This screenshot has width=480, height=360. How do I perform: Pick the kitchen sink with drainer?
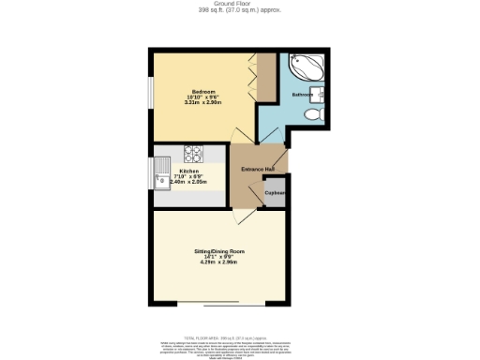[x=158, y=175]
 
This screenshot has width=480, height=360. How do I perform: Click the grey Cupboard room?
[x=274, y=192]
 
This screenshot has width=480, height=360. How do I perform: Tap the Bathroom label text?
[x=301, y=96]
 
